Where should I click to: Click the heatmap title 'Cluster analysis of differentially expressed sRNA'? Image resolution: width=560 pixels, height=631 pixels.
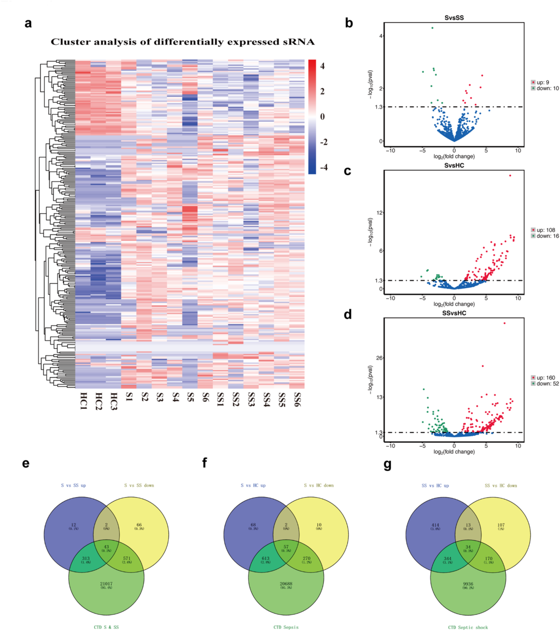click(x=183, y=42)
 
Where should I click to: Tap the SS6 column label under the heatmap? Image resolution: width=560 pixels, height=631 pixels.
click(x=297, y=399)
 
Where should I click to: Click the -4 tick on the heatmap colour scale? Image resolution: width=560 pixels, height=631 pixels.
click(x=324, y=167)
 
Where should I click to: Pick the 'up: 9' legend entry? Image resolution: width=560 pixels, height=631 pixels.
click(x=542, y=82)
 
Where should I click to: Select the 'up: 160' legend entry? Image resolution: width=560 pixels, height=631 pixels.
click(x=545, y=377)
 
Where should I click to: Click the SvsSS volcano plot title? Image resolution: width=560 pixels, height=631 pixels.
click(x=454, y=18)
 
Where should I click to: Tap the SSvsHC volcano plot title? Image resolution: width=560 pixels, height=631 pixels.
click(x=454, y=313)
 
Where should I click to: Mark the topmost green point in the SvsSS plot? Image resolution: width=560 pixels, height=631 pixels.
click(x=432, y=28)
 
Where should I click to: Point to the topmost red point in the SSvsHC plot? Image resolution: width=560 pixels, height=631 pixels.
click(x=505, y=323)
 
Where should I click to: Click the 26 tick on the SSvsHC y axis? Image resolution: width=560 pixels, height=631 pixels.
click(x=379, y=358)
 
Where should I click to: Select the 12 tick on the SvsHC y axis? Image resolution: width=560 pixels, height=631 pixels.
click(x=379, y=213)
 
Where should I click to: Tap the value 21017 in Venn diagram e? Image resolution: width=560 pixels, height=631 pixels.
click(x=106, y=583)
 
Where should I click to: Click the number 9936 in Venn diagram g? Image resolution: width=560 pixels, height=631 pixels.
click(x=468, y=584)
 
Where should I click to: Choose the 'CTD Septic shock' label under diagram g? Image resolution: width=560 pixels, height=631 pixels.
click(x=468, y=627)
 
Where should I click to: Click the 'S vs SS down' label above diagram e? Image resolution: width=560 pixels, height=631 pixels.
click(x=139, y=485)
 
